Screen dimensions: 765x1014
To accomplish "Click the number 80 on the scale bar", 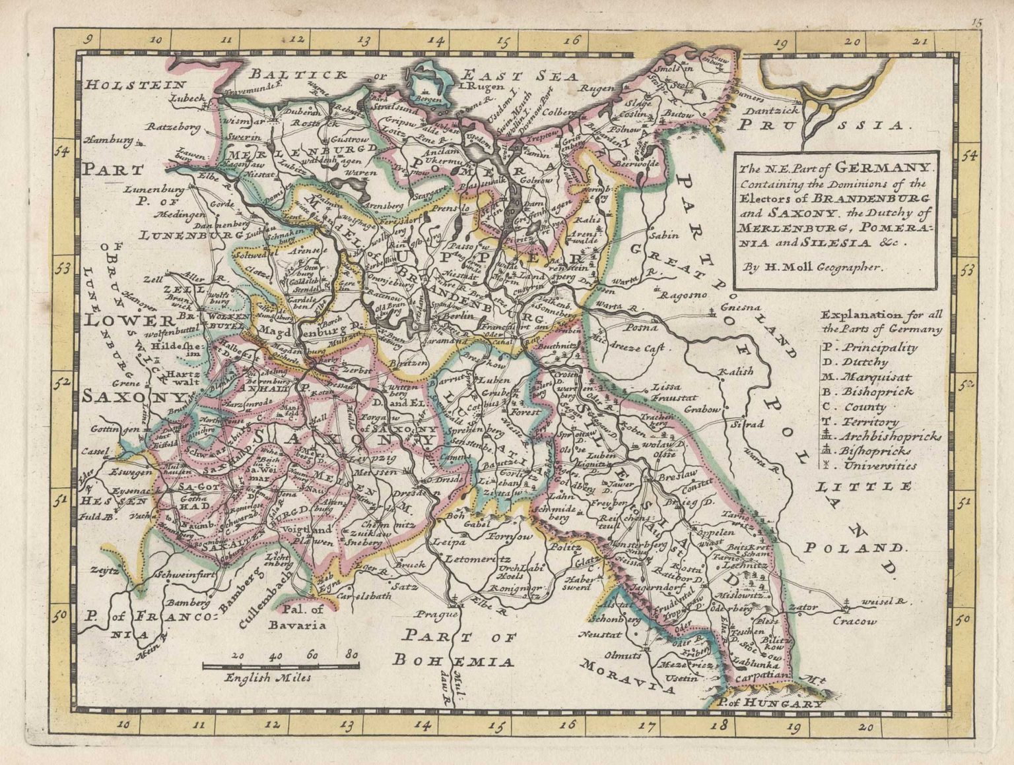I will point(352,655).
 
